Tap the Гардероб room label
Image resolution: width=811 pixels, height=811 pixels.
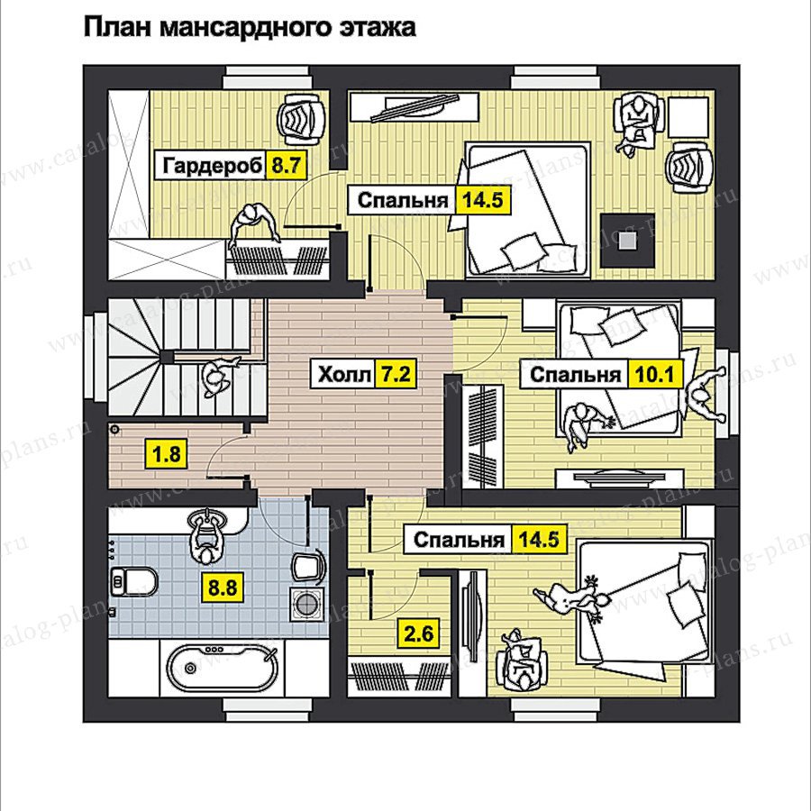coord(212,166)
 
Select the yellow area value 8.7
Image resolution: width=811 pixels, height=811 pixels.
coord(286,166)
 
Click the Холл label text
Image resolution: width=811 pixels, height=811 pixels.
coord(344,374)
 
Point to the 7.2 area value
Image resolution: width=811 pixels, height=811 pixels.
coord(396,373)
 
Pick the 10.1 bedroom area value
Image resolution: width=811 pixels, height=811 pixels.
coord(655,374)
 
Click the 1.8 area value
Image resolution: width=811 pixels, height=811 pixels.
coord(167,454)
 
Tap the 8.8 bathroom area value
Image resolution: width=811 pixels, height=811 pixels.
coord(223,588)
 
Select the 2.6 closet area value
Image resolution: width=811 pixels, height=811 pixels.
coord(419,633)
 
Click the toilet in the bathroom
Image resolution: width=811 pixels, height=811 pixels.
coord(132,582)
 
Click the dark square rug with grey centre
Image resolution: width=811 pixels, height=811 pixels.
coord(628,240)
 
